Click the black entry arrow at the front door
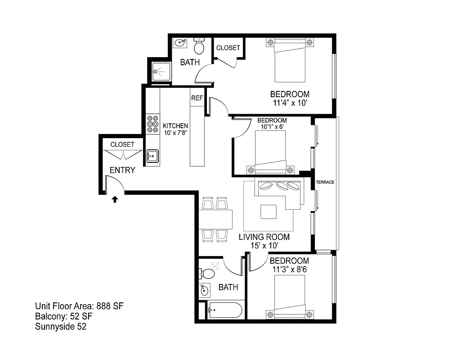pyautogui.click(x=115, y=199)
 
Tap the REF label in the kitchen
pyautogui.click(x=197, y=98)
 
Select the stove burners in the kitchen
pyautogui.click(x=152, y=123)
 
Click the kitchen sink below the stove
pyautogui.click(x=152, y=156)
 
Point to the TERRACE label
pyautogui.click(x=325, y=182)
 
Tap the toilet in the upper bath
pyautogui.click(x=199, y=46)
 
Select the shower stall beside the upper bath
pyautogui.click(x=161, y=71)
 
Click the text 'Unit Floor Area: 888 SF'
pyautogui.click(x=79, y=306)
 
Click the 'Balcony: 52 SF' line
pyautogui.click(x=64, y=317)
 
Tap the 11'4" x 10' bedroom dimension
pyautogui.click(x=290, y=103)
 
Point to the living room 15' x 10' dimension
pyautogui.click(x=264, y=246)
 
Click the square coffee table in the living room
pyautogui.click(x=269, y=212)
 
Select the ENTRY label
pyautogui.click(x=122, y=170)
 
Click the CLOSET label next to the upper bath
pyautogui.click(x=229, y=48)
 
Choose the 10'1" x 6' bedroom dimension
pyautogui.click(x=272, y=127)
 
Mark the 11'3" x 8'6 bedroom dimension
pyautogui.click(x=290, y=270)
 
